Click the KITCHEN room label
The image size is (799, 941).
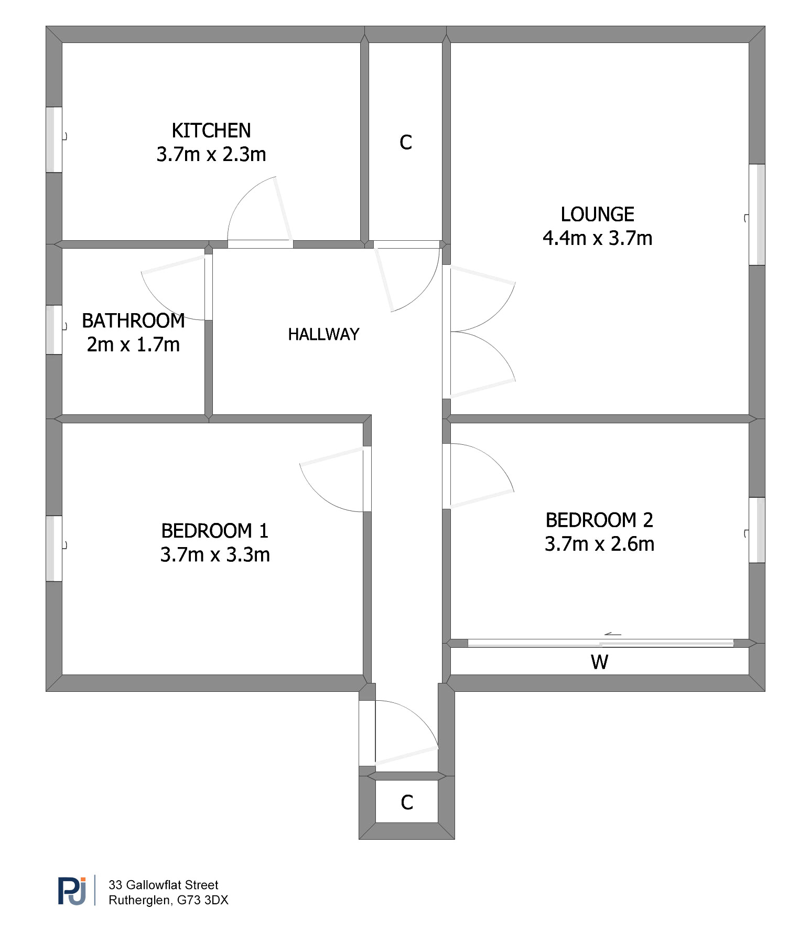click(x=211, y=131)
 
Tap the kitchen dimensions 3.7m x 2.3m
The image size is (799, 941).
click(x=211, y=154)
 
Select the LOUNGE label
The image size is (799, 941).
click(x=598, y=215)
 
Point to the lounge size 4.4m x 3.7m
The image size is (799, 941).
click(x=598, y=238)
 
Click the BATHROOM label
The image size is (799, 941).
click(x=133, y=321)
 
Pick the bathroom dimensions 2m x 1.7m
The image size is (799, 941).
click(x=133, y=345)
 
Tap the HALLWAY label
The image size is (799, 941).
click(x=323, y=334)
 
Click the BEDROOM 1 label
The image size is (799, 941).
click(x=215, y=531)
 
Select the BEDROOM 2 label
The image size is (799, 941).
click(x=600, y=520)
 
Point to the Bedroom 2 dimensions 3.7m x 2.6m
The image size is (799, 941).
click(x=600, y=544)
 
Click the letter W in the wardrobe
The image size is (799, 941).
click(x=599, y=662)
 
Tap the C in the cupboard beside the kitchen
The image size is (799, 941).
click(x=406, y=142)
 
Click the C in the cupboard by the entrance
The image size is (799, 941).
click(x=407, y=803)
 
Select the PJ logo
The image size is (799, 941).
click(x=72, y=891)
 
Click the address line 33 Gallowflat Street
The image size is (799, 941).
click(x=163, y=885)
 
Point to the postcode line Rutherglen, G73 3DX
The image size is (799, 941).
click(x=168, y=900)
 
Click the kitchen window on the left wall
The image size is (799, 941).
click(x=54, y=140)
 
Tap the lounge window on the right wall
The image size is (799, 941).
click(x=757, y=215)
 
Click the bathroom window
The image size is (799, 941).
click(x=54, y=330)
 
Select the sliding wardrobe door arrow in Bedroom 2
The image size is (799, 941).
click(x=613, y=634)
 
